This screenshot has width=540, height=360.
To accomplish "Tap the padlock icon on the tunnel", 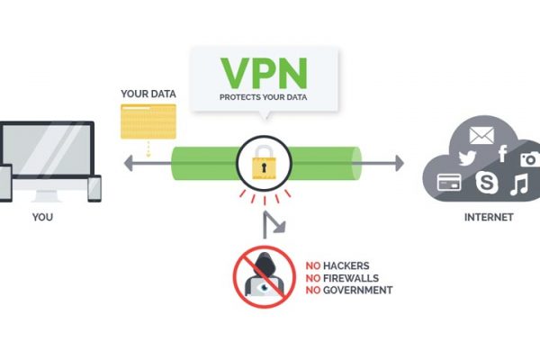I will click(262, 163).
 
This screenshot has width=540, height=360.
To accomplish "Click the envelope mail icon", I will click(482, 137).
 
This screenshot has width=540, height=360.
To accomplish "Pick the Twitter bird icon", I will click(465, 157).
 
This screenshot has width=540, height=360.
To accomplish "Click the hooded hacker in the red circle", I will click(264, 273).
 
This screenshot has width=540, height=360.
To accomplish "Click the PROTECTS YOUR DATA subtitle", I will click(263, 96).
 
